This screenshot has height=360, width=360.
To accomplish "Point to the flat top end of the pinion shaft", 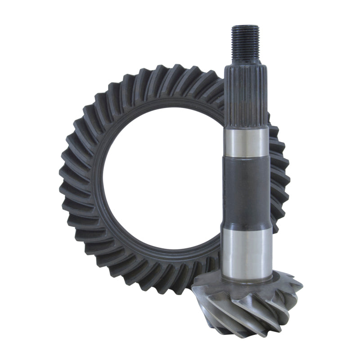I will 246,27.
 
